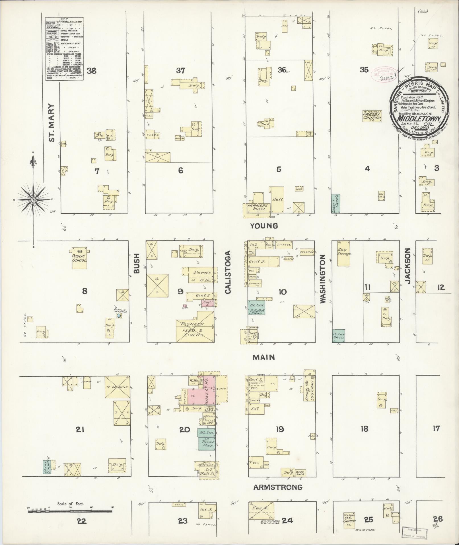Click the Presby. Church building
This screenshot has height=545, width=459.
(372, 116)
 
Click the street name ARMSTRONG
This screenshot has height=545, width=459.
(277, 487)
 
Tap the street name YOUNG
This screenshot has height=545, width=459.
(264, 226)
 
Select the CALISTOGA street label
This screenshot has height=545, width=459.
(228, 272)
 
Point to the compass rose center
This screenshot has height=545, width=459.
(33, 200)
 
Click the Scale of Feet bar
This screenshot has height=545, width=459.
(70, 511)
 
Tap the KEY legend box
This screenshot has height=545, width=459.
(64, 48)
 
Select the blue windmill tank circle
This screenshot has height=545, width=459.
(119, 316)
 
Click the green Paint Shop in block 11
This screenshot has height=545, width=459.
(339, 336)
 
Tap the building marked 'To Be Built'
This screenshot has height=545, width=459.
(117, 387)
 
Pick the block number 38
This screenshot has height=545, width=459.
(92, 71)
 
